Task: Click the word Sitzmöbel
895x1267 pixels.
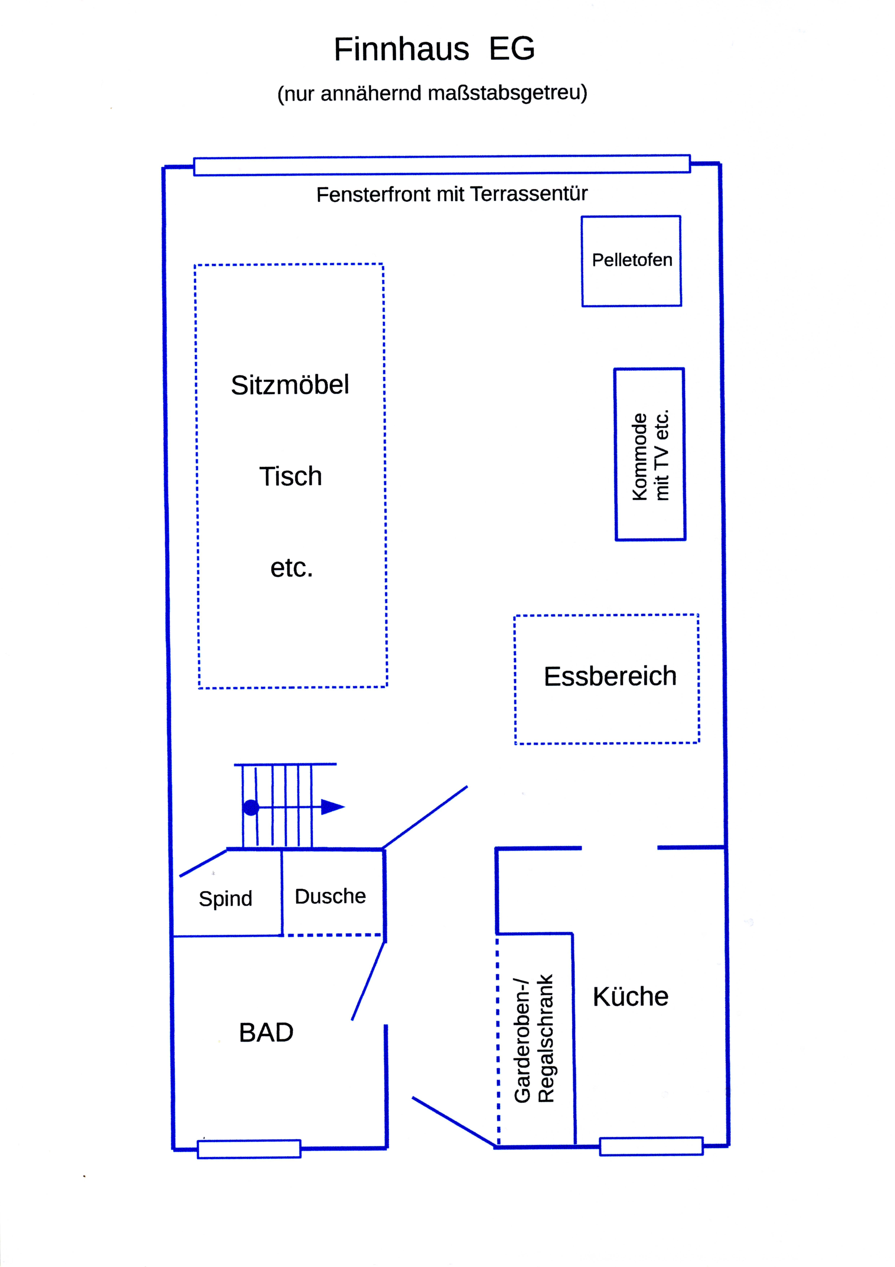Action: [x=290, y=385]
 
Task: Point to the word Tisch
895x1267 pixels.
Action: [x=291, y=476]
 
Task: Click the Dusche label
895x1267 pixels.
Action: [x=330, y=896]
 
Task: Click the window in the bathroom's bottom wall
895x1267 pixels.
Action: [x=249, y=1149]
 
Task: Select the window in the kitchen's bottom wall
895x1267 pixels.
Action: [x=651, y=1146]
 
